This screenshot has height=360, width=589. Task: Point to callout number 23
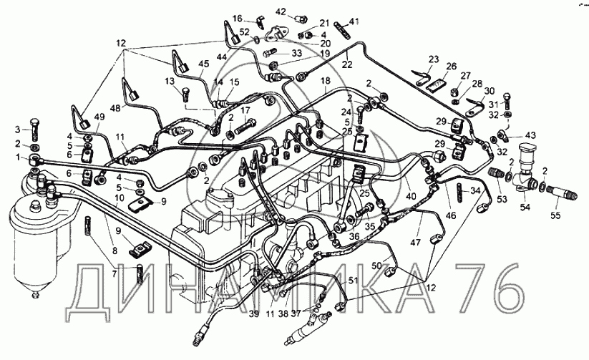(x=433, y=59)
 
